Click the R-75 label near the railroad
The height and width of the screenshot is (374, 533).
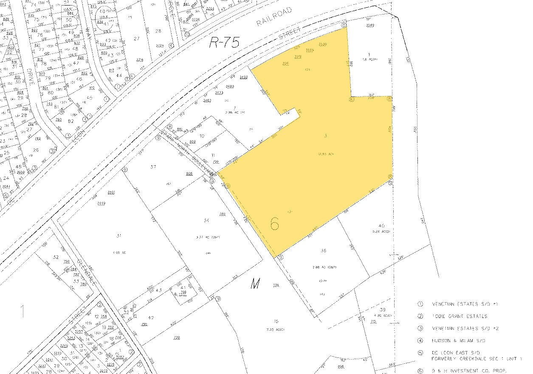click(224, 42)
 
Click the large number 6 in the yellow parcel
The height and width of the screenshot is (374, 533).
click(275, 224)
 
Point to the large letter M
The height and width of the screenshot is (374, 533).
click(255, 284)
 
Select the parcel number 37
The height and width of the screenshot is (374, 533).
click(153, 167)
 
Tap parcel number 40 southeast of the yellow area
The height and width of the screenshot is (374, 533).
click(381, 226)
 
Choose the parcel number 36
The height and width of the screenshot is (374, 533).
click(323, 251)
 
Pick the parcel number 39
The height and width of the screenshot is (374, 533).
click(383, 309)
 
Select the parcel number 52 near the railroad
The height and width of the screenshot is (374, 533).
click(55, 257)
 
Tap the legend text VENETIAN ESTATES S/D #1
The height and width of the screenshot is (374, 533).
click(464, 304)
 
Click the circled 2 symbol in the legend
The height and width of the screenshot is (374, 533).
click(420, 316)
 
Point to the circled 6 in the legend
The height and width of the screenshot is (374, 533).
click(420, 371)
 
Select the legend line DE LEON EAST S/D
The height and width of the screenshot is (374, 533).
click(456, 353)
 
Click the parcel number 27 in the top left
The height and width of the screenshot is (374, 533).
click(137, 39)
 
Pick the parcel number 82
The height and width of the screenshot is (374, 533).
click(71, 121)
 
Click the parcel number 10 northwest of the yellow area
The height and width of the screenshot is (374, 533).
click(202, 136)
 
